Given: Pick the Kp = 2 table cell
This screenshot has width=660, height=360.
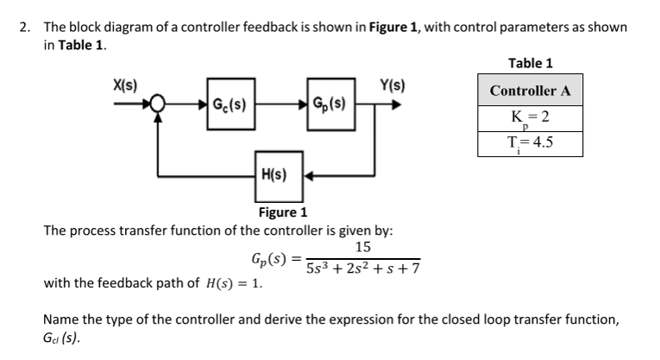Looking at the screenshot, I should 531,118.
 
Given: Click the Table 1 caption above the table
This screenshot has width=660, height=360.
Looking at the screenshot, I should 531,62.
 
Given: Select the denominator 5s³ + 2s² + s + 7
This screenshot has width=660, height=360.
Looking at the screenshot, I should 362,268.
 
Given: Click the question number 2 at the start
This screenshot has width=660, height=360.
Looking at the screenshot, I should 25,27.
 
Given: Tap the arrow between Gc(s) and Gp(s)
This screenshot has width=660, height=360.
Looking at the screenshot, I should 279,106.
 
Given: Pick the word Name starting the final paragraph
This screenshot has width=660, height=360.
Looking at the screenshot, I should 60,319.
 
